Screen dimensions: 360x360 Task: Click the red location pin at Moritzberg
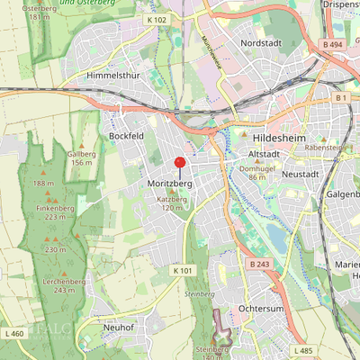179,163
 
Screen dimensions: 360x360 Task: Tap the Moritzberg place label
170,184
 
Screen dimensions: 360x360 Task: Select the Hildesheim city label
281,137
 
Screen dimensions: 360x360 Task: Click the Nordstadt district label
263,42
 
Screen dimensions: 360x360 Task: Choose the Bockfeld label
126,136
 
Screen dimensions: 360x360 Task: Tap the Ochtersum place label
262,308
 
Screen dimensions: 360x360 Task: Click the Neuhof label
118,328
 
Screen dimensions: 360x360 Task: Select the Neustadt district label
301,173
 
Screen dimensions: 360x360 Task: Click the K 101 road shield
183,270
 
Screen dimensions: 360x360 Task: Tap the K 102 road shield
157,19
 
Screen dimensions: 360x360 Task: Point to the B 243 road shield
258,264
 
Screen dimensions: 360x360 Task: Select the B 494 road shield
333,43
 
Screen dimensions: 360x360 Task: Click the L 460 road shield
13,334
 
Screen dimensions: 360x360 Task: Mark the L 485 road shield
303,350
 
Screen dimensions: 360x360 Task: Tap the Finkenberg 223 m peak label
54,211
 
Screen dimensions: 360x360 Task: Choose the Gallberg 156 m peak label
81,158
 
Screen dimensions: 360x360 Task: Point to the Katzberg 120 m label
172,203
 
